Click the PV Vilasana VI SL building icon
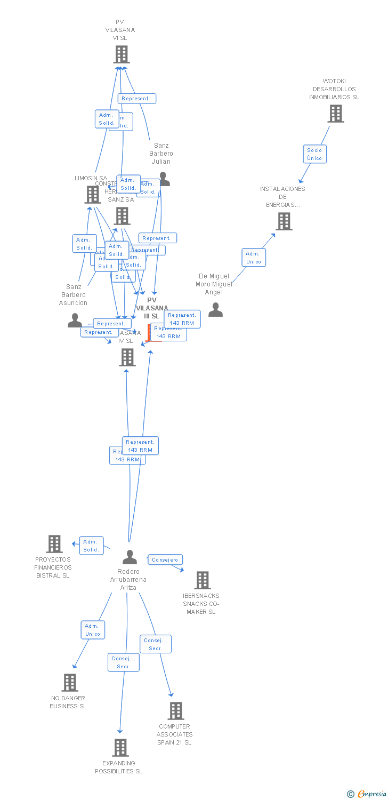[122, 54]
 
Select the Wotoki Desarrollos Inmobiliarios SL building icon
[335, 114]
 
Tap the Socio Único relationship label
[314, 154]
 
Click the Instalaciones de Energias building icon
[284, 221]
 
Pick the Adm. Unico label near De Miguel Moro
[254, 258]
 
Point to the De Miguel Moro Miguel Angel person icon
[215, 310]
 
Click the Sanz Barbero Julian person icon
[164, 180]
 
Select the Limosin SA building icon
[93, 195]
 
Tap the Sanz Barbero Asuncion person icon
[75, 320]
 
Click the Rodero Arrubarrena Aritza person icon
[130, 557]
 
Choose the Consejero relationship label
[165, 560]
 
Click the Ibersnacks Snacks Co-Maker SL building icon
[203, 580]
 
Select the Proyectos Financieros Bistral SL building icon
[54, 544]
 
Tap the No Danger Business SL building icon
[70, 683]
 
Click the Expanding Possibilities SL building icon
[120, 748]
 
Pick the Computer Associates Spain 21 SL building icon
[176, 711]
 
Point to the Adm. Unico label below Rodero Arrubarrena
[93, 630]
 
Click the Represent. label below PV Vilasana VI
[137, 99]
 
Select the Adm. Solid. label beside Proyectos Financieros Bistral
[91, 546]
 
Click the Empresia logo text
[371, 794]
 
